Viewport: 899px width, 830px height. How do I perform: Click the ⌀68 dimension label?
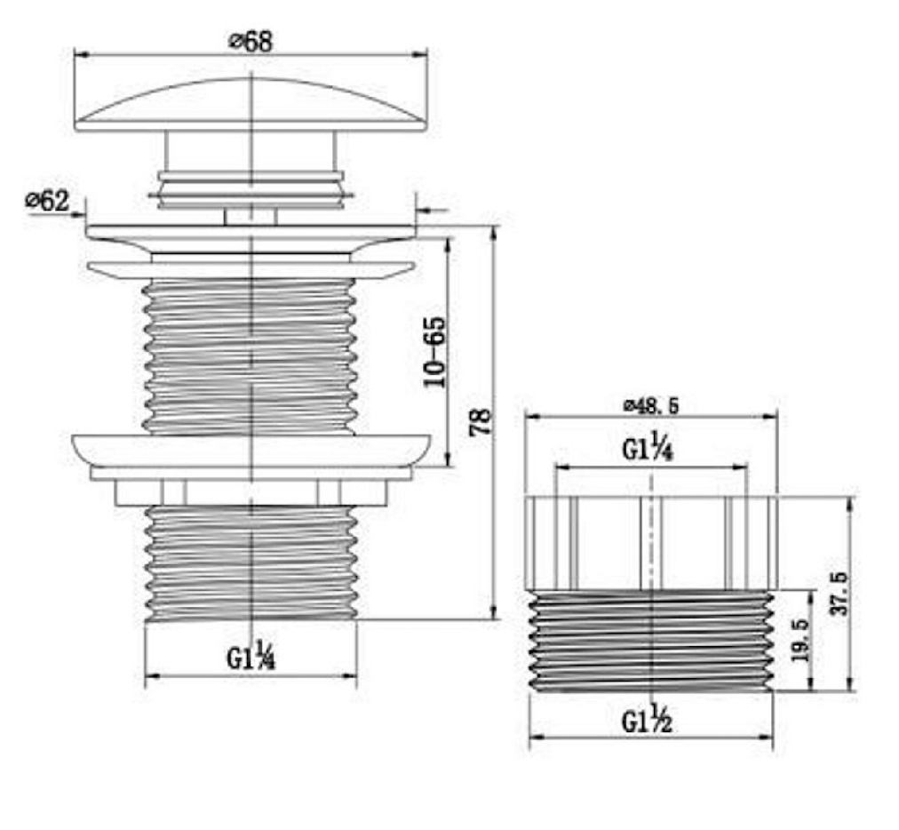pyautogui.click(x=250, y=42)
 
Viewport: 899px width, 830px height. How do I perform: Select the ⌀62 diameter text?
pyautogui.click(x=46, y=201)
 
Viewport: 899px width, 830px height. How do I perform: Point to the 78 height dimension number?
pyautogui.click(x=481, y=421)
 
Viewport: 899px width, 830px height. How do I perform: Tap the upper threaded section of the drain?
pyautogui.click(x=250, y=355)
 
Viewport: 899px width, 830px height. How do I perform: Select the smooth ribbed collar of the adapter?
pyautogui.click(x=604, y=542)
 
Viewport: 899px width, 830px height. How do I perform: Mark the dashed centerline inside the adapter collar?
pyautogui.click(x=653, y=542)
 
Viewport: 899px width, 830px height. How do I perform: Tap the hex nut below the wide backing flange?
pyautogui.click(x=250, y=492)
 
